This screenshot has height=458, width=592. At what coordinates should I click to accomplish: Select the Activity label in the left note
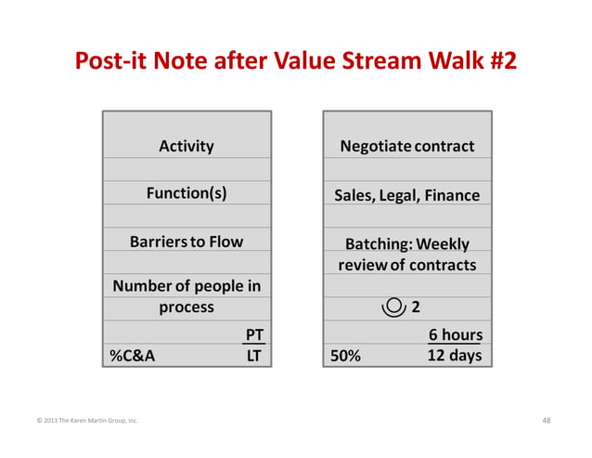pyautogui.click(x=187, y=146)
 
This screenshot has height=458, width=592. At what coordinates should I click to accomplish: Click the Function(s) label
pyautogui.click(x=187, y=193)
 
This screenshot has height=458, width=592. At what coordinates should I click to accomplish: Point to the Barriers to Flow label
pyautogui.click(x=187, y=242)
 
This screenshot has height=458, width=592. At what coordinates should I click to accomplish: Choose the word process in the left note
pyautogui.click(x=187, y=307)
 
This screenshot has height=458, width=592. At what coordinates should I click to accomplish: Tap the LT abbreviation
pyautogui.click(x=252, y=355)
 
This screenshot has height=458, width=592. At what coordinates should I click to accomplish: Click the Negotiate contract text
pyautogui.click(x=407, y=146)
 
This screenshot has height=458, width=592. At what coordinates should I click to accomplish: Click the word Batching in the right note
pyautogui.click(x=379, y=244)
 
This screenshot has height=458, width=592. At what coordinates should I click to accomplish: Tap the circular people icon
pyautogui.click(x=393, y=306)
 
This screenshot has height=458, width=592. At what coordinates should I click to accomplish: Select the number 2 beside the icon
pyautogui.click(x=417, y=307)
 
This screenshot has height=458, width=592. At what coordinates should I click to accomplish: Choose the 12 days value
pyautogui.click(x=455, y=355)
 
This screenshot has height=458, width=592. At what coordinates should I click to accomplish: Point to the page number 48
pyautogui.click(x=546, y=421)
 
